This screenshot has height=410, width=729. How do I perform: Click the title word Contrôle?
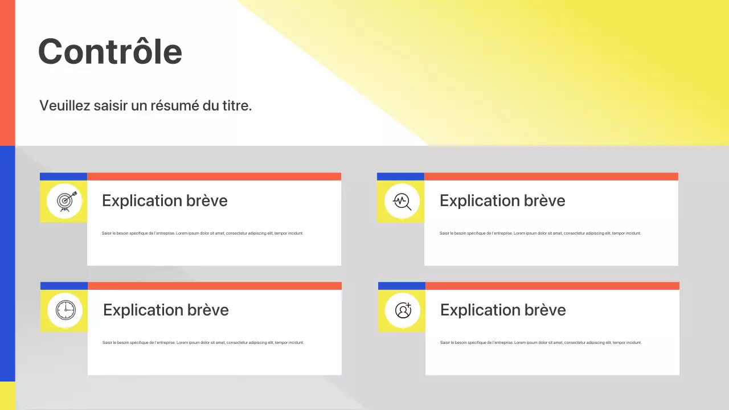point(110,51)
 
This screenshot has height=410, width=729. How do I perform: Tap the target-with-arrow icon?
point(64,201)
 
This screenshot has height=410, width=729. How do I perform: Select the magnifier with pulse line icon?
point(402,201)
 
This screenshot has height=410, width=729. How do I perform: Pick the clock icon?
point(65,310)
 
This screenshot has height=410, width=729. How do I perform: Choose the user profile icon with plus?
point(403,310)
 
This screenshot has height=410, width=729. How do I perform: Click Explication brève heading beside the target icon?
point(165,200)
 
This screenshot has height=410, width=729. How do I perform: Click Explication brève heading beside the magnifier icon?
point(502,200)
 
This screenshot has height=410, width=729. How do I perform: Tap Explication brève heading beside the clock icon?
point(166,310)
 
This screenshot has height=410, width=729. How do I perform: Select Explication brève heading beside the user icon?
point(503,310)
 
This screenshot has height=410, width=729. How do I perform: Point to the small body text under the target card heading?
point(202,233)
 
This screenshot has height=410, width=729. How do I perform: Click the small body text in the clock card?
point(203,342)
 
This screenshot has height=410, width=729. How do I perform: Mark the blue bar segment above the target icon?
point(63,177)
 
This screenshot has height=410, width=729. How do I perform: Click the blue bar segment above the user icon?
point(402,286)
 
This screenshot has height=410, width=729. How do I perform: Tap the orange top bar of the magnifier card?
point(551,177)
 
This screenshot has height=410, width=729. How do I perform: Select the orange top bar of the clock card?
point(215,286)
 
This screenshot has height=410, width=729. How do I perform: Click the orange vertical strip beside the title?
point(7,72)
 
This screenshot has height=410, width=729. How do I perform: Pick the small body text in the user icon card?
point(540,342)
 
